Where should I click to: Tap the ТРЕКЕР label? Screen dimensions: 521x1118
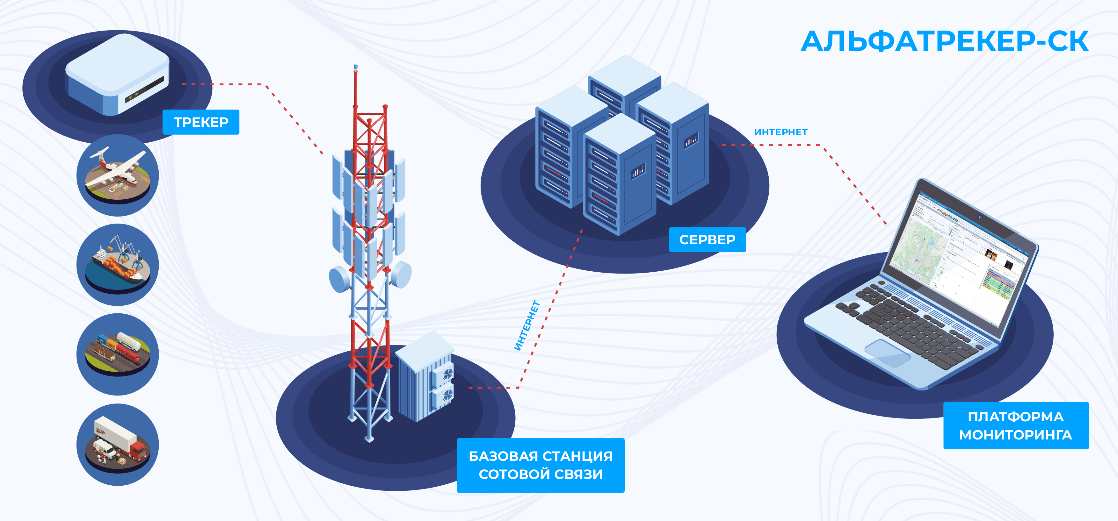(x=201, y=122)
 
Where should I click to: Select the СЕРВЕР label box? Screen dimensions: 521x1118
(x=707, y=239)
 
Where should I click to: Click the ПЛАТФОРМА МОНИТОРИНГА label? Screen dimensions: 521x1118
(x=1016, y=425)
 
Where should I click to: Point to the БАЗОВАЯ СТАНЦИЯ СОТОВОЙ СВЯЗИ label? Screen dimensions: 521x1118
(x=540, y=465)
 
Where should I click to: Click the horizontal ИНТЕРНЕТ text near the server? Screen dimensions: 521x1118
(x=780, y=132)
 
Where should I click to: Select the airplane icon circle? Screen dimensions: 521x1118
(x=118, y=175)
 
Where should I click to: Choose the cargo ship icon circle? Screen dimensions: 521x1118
(x=118, y=265)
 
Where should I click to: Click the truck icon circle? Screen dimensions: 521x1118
(x=118, y=444)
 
